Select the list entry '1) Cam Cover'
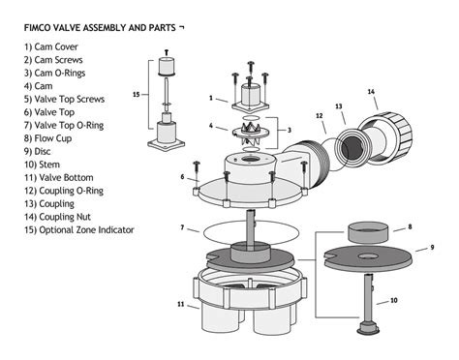click(x=51, y=46)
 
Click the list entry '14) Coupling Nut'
click(x=62, y=216)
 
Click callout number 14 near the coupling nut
click(x=371, y=92)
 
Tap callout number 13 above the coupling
click(x=339, y=106)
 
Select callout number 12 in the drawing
click(x=320, y=116)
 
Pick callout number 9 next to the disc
click(x=432, y=248)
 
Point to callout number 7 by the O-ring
click(x=181, y=228)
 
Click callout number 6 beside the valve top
click(x=181, y=177)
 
